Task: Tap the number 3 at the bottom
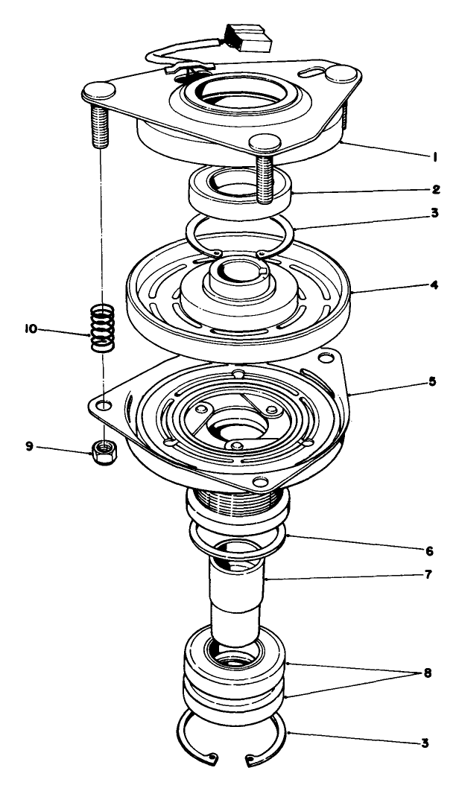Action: (425, 743)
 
